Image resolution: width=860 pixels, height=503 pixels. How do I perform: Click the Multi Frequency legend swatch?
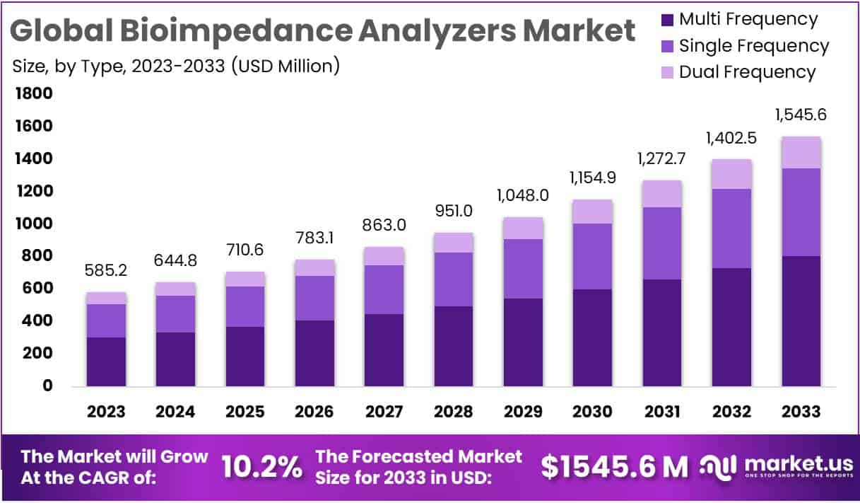pos(666,20)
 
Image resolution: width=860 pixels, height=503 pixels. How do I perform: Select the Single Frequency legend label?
pos(754,46)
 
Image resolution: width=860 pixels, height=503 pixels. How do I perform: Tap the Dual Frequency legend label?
pos(747,72)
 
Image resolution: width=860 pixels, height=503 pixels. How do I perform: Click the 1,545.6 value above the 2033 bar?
pos(801,115)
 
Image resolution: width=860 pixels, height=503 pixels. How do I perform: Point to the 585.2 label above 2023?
pos(106,271)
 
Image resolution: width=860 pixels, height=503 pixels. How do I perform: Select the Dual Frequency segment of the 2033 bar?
pos(801,153)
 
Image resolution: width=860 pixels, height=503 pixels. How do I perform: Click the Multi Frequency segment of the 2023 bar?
pos(106,362)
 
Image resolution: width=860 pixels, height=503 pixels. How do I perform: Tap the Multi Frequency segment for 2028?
pos(454,346)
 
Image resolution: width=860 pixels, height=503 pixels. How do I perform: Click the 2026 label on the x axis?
pos(314,412)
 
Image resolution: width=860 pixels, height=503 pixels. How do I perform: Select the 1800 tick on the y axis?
pos(33,94)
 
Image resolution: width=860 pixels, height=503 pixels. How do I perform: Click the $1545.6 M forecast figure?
pos(614,466)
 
